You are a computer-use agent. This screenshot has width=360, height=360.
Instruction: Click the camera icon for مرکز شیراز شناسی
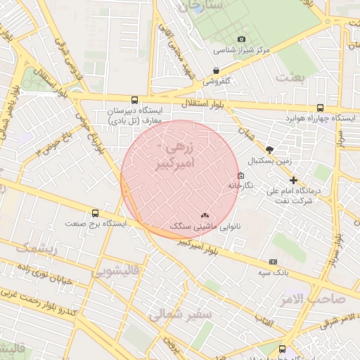(x=242, y=39)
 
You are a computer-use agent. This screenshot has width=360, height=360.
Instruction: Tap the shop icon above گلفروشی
(x=216, y=70)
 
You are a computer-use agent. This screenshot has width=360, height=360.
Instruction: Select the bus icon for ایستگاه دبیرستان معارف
(x=134, y=100)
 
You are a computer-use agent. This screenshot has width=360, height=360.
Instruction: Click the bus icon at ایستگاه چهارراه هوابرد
(x=321, y=108)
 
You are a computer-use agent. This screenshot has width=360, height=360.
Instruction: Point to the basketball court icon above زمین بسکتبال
(x=269, y=149)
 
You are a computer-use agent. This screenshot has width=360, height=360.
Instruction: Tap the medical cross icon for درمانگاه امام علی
(x=293, y=180)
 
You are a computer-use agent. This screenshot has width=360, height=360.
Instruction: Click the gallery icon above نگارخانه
(x=241, y=175)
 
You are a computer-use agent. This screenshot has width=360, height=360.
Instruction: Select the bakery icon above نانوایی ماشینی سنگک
(x=205, y=215)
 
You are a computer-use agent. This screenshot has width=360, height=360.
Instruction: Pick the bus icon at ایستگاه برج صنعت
(x=95, y=213)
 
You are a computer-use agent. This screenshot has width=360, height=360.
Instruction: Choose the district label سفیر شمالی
(x=180, y=315)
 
